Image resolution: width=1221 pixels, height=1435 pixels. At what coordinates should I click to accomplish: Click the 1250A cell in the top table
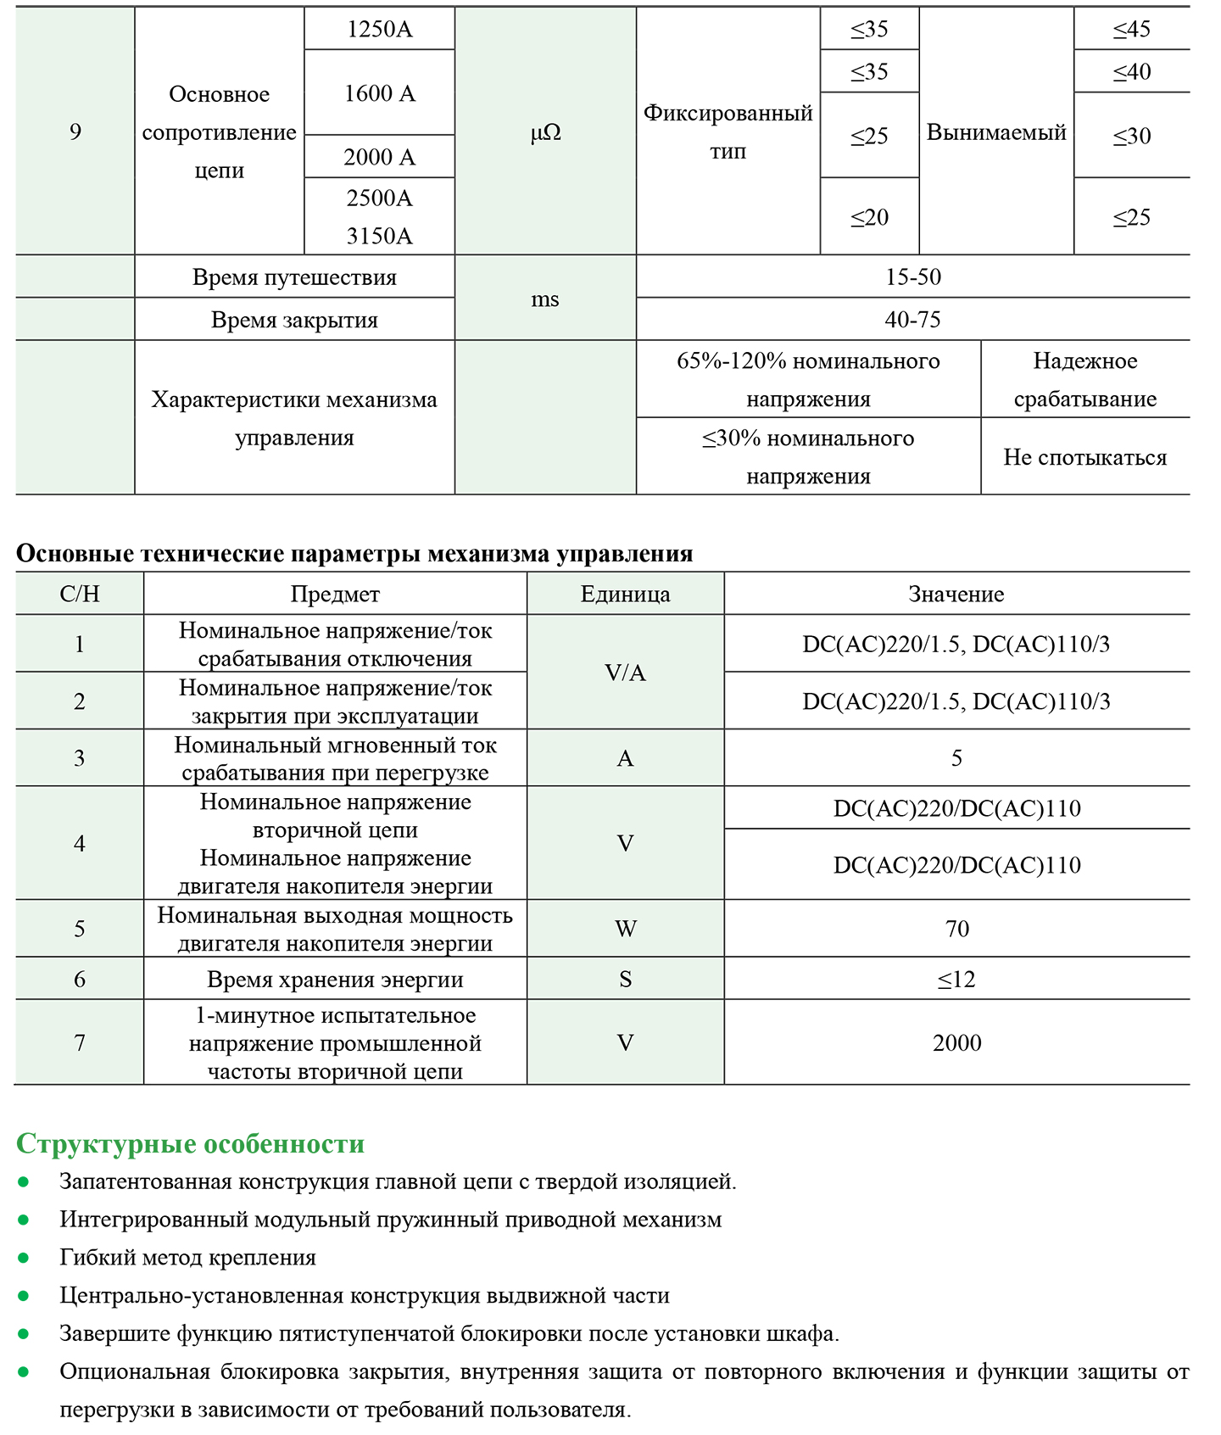379,29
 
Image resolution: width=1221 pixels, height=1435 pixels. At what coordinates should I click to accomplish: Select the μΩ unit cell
545,132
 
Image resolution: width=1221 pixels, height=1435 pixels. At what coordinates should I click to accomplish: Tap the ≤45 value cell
1131,29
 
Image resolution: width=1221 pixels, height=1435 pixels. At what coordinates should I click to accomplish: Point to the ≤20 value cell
869,217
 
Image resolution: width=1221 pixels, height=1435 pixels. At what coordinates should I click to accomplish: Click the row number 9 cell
75,131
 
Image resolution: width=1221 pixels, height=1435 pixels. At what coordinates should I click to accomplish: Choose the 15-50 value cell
913,276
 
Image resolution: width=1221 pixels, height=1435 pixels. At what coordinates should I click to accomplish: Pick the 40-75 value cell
913,320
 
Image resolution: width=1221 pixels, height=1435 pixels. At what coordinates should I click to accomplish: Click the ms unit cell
545,299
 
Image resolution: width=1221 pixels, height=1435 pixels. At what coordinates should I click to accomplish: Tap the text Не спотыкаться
1084,457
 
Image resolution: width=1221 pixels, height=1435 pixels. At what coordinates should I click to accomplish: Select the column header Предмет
335,594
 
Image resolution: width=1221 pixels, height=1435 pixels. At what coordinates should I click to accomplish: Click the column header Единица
625,594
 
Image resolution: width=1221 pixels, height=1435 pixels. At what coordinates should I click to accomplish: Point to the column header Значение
956,594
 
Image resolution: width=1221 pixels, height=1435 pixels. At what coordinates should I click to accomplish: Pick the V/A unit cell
625,673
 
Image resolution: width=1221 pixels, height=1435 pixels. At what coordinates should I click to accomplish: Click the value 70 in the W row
956,929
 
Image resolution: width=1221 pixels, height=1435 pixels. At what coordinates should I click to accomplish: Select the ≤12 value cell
956,980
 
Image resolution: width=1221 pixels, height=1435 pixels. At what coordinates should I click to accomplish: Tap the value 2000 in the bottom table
956,1042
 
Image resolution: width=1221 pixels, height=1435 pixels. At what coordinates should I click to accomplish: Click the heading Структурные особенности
190,1143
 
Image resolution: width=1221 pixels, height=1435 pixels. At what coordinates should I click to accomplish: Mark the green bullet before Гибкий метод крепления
24,1258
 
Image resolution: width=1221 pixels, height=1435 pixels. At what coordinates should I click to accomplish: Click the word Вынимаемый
996,132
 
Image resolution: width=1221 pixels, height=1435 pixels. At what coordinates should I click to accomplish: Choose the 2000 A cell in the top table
379,157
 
